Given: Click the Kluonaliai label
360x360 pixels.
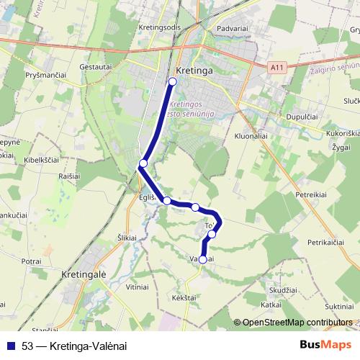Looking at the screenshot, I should click(252, 135).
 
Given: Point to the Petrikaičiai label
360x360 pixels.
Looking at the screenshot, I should click(332, 245).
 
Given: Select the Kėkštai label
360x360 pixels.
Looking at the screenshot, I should click(184, 297).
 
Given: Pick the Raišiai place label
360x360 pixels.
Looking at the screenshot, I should click(69, 175).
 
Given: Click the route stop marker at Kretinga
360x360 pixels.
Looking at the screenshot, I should click(172, 81).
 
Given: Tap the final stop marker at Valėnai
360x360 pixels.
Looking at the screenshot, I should click(203, 259).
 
